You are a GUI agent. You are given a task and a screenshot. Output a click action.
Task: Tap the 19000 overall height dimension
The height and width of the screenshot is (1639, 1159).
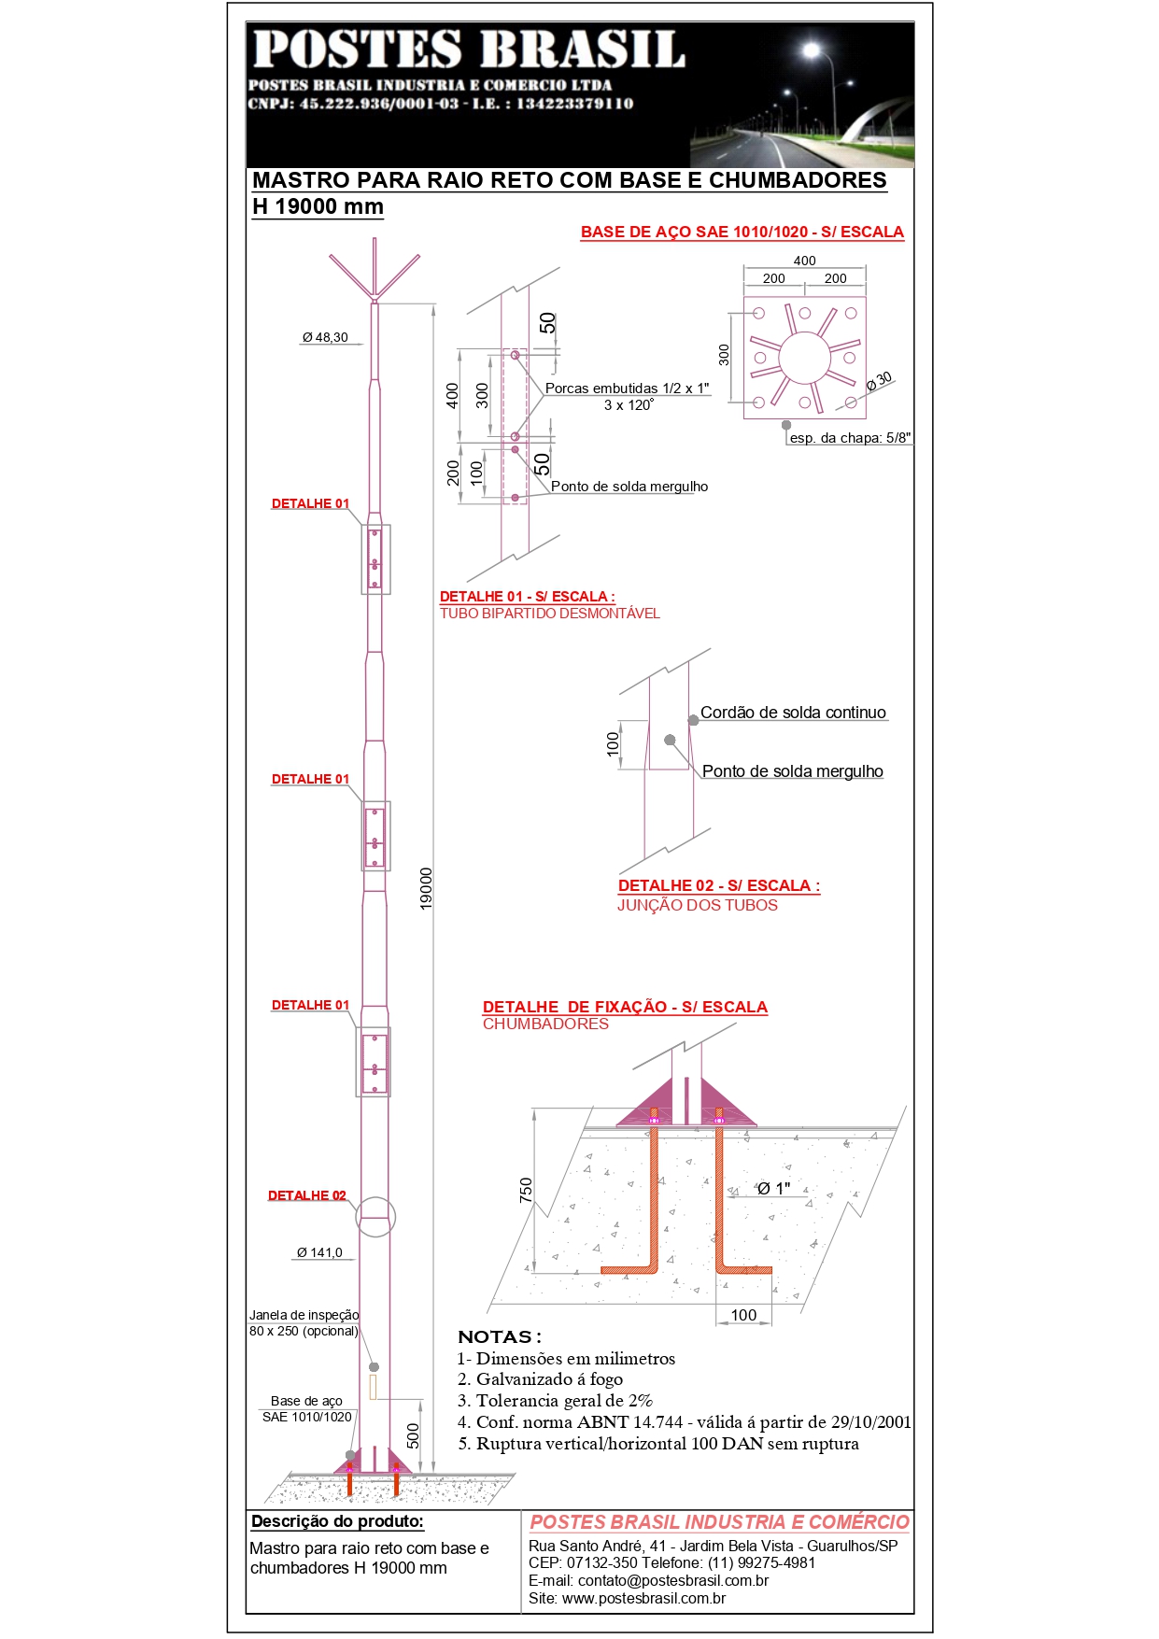click(426, 888)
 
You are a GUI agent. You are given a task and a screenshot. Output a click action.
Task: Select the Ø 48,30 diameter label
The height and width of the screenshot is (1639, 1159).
click(325, 338)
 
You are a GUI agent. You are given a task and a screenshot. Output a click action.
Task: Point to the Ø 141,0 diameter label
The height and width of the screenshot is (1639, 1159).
click(319, 1252)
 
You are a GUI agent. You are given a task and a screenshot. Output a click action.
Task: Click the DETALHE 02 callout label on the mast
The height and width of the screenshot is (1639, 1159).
click(306, 1195)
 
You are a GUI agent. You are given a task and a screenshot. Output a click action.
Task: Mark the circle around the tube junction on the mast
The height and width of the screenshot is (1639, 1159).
click(375, 1216)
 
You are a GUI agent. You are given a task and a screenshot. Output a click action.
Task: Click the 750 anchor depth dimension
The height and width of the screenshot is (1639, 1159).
click(526, 1190)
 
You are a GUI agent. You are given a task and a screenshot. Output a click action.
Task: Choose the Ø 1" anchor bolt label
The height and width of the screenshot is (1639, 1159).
click(773, 1189)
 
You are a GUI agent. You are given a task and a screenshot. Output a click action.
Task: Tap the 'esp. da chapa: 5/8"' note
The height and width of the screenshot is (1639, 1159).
click(850, 438)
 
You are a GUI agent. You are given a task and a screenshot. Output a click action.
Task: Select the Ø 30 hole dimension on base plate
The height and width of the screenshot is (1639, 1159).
click(879, 380)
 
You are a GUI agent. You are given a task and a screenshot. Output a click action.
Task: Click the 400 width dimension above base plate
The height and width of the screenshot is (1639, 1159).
click(804, 261)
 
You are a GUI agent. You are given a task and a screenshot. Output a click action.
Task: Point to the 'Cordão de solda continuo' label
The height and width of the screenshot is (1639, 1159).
click(793, 713)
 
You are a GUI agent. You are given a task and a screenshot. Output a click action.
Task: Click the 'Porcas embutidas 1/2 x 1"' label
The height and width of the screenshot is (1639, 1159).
click(627, 389)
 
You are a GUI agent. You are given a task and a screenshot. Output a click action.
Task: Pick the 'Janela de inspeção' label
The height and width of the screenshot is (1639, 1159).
click(304, 1315)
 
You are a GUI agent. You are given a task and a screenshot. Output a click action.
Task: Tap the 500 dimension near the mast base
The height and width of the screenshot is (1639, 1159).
click(413, 1435)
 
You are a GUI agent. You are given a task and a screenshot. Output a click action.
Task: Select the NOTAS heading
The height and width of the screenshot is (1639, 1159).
click(500, 1336)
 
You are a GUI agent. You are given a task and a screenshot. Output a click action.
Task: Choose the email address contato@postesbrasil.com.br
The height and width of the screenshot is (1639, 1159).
click(672, 1580)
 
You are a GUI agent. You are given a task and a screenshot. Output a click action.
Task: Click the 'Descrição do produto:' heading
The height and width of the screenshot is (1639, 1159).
click(337, 1521)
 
